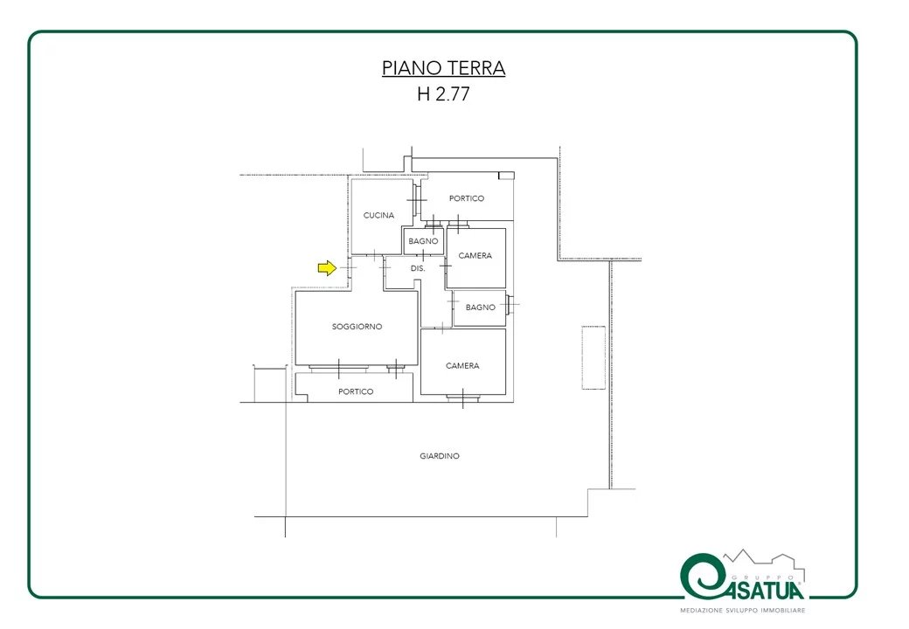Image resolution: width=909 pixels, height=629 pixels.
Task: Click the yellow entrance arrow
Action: pos(327,267)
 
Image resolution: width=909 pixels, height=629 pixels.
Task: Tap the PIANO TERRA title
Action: pos(443,68)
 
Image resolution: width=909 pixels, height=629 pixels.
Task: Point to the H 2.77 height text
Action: pos(443,93)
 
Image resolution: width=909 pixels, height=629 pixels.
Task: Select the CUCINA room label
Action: pos(378,216)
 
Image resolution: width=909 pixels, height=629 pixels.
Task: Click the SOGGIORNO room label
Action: pos(357,327)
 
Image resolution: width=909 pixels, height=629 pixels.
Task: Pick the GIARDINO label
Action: pos(440,456)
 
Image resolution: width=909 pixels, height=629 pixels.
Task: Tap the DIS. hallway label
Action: pos(418,269)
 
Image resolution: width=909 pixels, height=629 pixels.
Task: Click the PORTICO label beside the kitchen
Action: pos(467,198)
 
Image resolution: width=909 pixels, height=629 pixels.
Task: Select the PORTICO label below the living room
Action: pos(356,391)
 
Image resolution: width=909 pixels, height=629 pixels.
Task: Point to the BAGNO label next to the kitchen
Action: pos(423,241)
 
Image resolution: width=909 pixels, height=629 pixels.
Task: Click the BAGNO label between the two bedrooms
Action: pos(481,308)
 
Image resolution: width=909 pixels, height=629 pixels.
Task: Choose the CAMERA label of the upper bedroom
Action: pos(475,255)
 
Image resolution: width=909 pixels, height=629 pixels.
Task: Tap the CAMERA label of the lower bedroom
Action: pos(462,365)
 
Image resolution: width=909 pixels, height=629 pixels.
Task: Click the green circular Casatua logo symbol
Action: pos(702,576)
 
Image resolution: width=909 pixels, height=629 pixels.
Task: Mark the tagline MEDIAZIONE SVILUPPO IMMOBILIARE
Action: pos(743,611)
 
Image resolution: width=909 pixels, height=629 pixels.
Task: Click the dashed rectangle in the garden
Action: pos(593,357)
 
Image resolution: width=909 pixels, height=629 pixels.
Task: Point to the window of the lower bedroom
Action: pos(462,397)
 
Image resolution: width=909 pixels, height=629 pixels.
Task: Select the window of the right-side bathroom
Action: pos(509,305)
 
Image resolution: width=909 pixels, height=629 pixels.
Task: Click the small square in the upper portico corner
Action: pos(507,176)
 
